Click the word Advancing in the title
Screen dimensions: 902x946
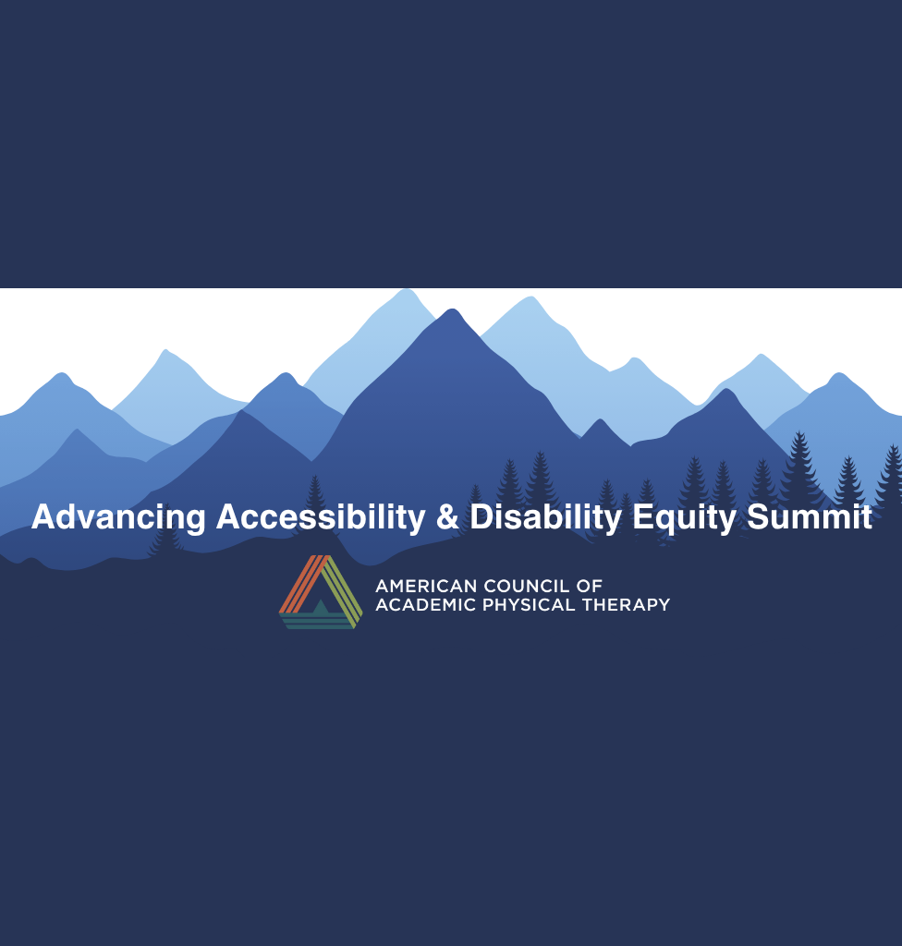(x=118, y=517)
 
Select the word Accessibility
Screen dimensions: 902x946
(x=321, y=516)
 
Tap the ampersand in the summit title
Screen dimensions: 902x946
(x=447, y=517)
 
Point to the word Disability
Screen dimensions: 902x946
(x=546, y=517)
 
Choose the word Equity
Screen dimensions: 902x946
(x=684, y=517)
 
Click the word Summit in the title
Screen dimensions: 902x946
(x=810, y=517)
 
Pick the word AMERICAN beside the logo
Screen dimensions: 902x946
(x=426, y=586)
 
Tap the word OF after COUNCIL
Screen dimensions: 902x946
(x=589, y=586)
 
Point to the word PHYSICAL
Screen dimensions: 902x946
(x=529, y=604)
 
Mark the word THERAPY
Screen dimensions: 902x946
(x=626, y=604)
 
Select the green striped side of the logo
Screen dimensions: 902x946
(x=342, y=589)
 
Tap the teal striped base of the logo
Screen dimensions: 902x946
(x=318, y=621)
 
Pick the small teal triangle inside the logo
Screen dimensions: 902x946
(x=321, y=607)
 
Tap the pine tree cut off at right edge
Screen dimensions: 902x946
(x=892, y=477)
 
